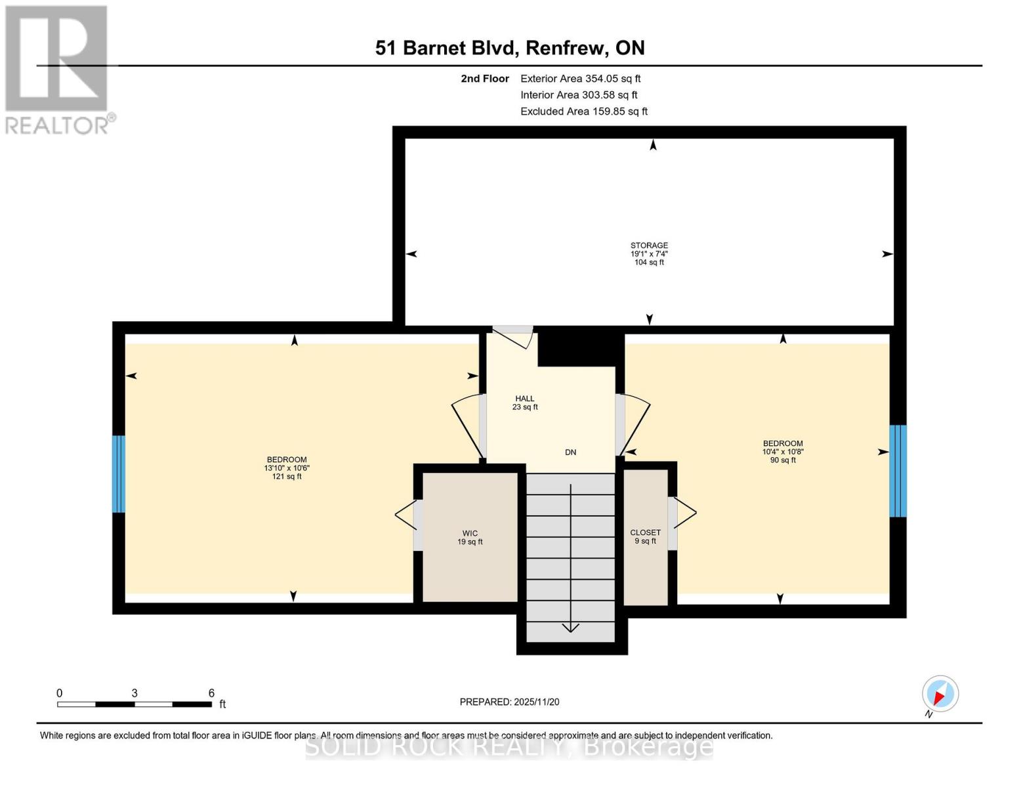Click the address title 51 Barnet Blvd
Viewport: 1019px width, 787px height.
pos(510,48)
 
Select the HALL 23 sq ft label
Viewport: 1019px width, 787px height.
pos(525,403)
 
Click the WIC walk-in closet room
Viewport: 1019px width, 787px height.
pos(470,537)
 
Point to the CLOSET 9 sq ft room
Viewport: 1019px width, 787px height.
pos(645,536)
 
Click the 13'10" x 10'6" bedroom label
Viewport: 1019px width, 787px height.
pos(286,468)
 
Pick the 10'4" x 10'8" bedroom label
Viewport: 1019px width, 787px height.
pos(783,451)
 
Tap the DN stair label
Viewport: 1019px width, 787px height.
pos(570,452)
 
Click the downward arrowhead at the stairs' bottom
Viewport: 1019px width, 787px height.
pos(570,628)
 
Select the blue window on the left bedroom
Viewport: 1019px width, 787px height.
pos(119,474)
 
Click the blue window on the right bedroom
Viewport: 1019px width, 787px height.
pos(898,470)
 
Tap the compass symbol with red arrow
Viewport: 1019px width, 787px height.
pos(940,694)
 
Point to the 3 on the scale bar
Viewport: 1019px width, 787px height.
pos(135,693)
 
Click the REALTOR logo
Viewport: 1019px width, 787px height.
pos(58,69)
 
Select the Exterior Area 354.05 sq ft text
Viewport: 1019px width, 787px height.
pos(580,79)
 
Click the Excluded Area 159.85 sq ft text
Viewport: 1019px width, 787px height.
pos(583,111)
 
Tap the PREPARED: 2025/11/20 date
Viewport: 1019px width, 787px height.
pos(509,702)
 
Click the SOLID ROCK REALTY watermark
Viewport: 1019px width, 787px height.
pos(509,746)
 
